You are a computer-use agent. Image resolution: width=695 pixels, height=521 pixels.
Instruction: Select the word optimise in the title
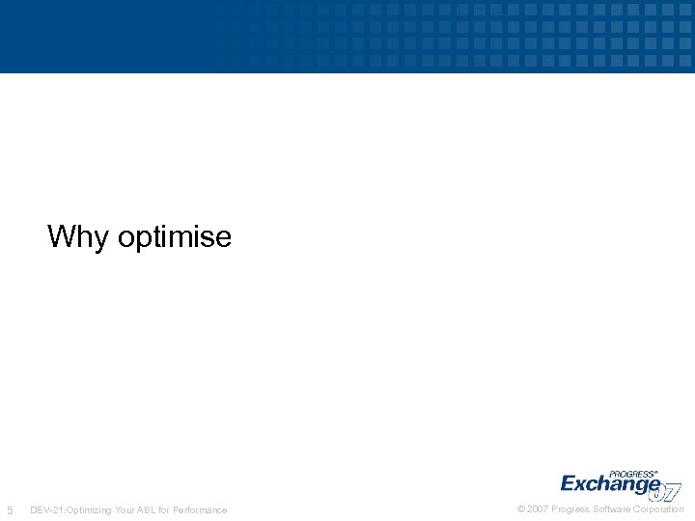(174, 237)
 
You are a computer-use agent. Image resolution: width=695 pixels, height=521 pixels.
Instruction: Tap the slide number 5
(10, 509)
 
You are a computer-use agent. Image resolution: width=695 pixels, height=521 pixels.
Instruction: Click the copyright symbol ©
(522, 508)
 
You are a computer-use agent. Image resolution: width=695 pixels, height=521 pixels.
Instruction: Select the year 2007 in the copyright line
(538, 508)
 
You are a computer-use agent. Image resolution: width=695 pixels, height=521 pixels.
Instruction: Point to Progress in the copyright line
(570, 508)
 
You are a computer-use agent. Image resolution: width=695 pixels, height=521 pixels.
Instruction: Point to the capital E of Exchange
(570, 483)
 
